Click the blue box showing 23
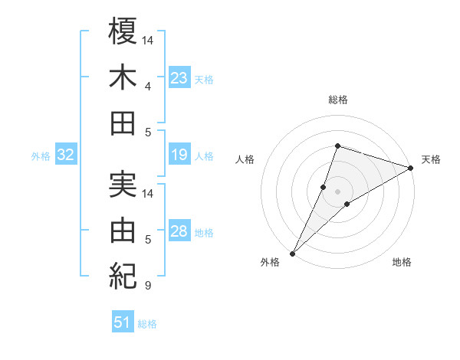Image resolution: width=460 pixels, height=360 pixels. [x=179, y=78]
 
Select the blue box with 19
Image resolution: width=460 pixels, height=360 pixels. [x=179, y=155]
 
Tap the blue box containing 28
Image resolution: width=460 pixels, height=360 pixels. [x=179, y=231]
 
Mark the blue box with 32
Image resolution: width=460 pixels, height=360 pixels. [x=65, y=155]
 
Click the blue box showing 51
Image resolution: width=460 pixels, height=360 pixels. [x=122, y=322]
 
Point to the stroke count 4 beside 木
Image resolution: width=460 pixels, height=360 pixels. [x=147, y=86]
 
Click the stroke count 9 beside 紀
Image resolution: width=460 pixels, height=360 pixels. [x=147, y=286]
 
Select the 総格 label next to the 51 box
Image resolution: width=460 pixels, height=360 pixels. [x=147, y=324]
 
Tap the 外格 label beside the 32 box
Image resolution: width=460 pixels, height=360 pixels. [x=41, y=156]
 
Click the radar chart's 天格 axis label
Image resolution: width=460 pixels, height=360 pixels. [x=431, y=159]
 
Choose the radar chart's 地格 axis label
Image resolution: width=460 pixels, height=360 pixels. [x=402, y=262]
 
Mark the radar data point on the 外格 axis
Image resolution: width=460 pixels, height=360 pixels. [x=292, y=253]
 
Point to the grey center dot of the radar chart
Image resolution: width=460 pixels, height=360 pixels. [x=337, y=191]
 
